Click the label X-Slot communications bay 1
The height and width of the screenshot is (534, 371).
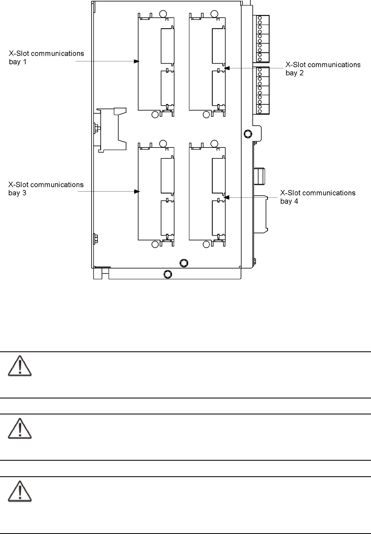tap(47, 57)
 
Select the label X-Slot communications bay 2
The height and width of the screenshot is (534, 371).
tap(323, 69)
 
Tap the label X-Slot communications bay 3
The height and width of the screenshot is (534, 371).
tap(46, 188)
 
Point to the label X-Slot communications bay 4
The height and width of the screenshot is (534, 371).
tap(318, 197)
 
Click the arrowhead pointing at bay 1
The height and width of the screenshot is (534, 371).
tap(137, 61)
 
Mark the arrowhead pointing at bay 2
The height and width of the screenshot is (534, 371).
tap(227, 68)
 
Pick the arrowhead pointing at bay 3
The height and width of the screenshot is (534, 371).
tap(137, 191)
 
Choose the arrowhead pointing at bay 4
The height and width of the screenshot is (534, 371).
tap(227, 197)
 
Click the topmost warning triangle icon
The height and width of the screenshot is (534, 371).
tap(20, 366)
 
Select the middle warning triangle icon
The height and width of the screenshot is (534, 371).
tap(20, 428)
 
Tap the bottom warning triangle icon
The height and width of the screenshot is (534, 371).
tap(20, 491)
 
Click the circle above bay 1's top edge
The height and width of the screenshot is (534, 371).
tap(163, 14)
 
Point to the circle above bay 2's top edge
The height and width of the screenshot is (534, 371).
tap(214, 14)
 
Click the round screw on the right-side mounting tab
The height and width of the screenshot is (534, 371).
tap(248, 134)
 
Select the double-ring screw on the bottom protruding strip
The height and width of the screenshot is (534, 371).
tap(168, 274)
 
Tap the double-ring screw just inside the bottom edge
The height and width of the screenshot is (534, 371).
tap(184, 263)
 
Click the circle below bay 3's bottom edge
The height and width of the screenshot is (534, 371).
tap(155, 244)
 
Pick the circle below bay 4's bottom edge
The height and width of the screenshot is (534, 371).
tap(206, 244)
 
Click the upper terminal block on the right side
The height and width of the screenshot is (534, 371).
tap(263, 39)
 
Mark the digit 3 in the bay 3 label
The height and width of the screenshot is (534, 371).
tap(24, 193)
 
